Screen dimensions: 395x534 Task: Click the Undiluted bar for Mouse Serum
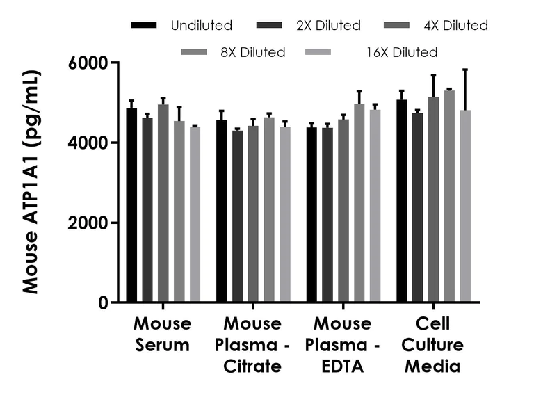(x=131, y=205)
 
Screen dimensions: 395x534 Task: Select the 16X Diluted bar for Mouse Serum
(x=195, y=215)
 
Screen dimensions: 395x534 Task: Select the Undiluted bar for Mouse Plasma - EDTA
(x=311, y=215)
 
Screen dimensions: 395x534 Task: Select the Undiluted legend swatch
(x=144, y=26)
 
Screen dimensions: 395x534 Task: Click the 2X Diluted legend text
(x=327, y=26)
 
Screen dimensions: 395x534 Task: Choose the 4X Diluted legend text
(x=455, y=26)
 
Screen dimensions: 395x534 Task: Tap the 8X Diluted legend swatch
(x=194, y=51)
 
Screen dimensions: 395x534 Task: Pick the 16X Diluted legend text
(x=403, y=51)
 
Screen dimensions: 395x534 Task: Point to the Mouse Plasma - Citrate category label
(x=252, y=344)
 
